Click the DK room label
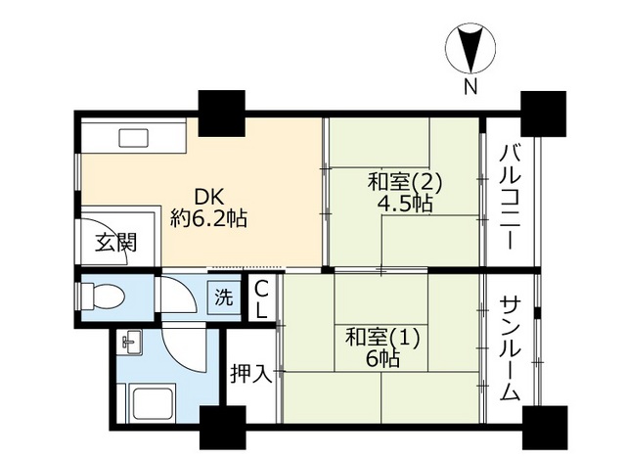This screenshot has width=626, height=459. pyautogui.click(x=207, y=196)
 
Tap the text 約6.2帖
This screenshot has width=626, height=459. pyautogui.click(x=207, y=218)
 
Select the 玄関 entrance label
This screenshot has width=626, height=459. pyautogui.click(x=114, y=245)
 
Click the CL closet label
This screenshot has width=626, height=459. pyautogui.click(x=262, y=298)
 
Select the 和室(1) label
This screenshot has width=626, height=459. pyautogui.click(x=381, y=338)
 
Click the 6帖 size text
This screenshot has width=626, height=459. pyautogui.click(x=381, y=359)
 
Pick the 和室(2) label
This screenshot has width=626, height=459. pyautogui.click(x=405, y=182)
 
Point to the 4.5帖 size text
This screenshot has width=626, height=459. pyautogui.click(x=405, y=204)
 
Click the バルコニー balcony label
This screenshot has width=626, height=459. pyautogui.click(x=510, y=196)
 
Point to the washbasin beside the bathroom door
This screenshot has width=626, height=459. pyautogui.click(x=130, y=343)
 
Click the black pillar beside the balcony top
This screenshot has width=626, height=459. pyautogui.click(x=543, y=112)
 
